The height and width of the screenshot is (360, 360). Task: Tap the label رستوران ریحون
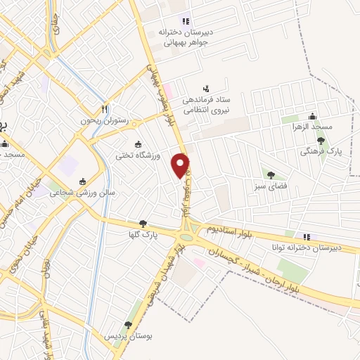[x=109, y=121]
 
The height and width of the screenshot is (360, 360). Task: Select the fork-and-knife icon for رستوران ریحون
[x=104, y=109]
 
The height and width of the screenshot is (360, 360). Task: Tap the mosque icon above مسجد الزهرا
[x=313, y=117]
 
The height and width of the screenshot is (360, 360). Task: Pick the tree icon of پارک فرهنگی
[x=321, y=141]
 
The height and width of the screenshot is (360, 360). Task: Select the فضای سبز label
[x=270, y=187]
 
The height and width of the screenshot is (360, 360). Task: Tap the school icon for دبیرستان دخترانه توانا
[x=305, y=236]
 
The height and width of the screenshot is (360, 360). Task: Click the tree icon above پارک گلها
[x=143, y=223]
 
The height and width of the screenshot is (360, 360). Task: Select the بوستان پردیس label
[x=127, y=337]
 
